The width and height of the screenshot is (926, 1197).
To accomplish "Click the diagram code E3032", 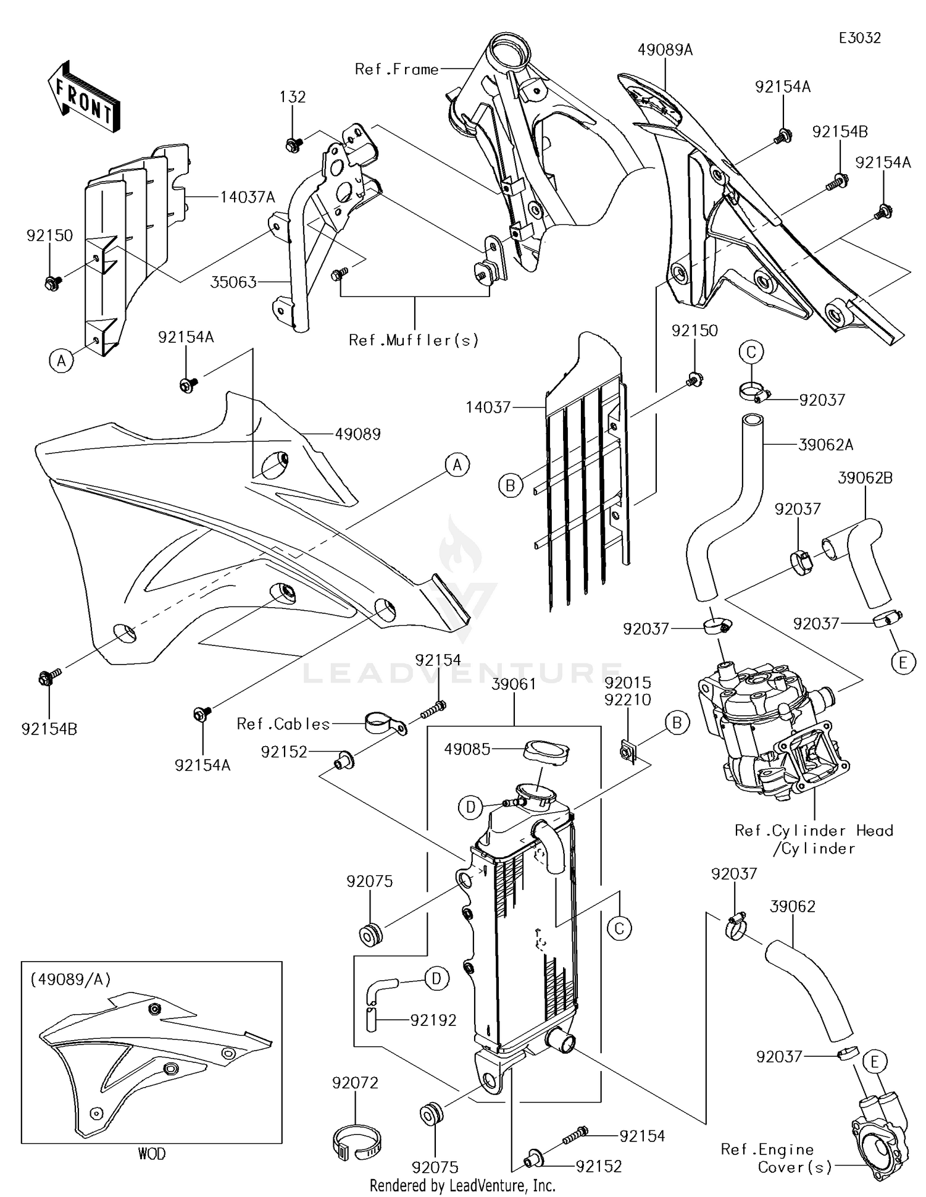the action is (x=859, y=38).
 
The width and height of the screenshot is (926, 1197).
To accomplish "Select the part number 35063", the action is (x=233, y=282).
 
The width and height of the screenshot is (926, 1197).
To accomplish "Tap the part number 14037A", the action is (x=248, y=197).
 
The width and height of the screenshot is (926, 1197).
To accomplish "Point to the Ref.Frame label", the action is (x=396, y=69).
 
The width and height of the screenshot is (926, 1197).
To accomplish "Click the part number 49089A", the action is (x=665, y=50).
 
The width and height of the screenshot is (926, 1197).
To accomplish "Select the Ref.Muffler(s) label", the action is (x=414, y=340).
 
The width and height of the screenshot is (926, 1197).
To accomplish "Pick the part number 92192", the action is (x=433, y=1020).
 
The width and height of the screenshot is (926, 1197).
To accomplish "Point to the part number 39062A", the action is (x=826, y=444).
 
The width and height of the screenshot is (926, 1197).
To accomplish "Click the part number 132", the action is (x=293, y=97).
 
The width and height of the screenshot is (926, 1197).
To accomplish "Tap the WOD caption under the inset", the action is (x=152, y=1153).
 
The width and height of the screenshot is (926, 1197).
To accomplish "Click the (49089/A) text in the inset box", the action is (x=70, y=979).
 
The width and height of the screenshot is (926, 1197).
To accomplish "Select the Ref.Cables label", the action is (x=283, y=723).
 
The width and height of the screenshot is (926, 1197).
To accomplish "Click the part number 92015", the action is (x=628, y=683).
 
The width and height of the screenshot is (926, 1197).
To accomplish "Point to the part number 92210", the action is (x=628, y=700).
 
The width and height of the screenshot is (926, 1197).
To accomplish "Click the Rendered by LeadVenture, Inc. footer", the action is (x=462, y=1185).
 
